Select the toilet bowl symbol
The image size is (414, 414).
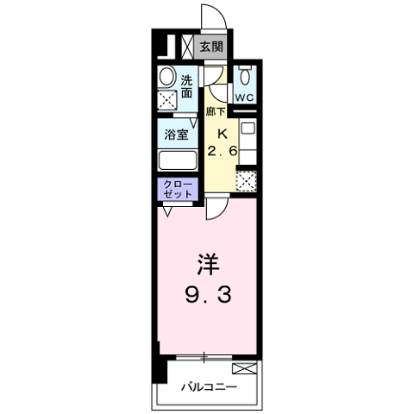244,74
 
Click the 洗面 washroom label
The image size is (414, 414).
186,85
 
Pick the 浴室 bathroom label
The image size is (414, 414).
176,135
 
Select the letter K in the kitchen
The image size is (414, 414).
221,133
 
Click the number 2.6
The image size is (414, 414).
222,151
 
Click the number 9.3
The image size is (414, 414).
206,296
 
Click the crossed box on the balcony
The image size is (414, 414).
245,370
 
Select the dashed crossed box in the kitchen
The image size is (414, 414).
247,181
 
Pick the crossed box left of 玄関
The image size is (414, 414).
186,47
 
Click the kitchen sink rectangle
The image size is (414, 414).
247,138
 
